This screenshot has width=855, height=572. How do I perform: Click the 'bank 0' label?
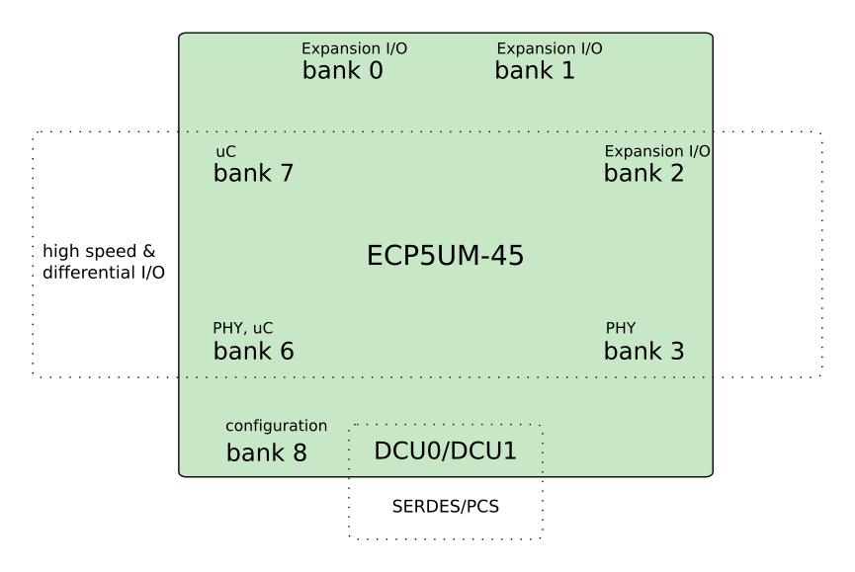342,70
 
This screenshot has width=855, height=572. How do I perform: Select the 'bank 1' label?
535,70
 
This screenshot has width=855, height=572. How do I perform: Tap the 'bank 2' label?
644,173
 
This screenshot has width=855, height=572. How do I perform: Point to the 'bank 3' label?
644,351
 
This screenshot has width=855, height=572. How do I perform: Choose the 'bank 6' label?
254,351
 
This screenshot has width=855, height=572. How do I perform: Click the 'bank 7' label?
254,173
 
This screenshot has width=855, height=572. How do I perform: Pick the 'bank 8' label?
267,452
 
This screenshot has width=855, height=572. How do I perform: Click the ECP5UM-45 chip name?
445,256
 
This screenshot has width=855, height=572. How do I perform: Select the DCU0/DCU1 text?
445,450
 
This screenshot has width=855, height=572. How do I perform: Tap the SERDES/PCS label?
446,507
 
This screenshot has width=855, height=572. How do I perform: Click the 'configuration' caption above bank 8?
277,426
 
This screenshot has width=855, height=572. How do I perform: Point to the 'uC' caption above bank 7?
225,151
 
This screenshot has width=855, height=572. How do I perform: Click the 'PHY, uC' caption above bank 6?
242,328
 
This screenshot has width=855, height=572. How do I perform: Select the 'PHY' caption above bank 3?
621,328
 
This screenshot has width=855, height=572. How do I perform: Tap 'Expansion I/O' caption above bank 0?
355,48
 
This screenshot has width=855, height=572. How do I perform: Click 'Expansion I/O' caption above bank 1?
550,48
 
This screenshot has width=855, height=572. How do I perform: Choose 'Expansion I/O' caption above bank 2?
657,151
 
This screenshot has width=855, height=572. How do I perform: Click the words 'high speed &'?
99,251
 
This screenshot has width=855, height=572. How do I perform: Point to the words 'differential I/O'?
104,272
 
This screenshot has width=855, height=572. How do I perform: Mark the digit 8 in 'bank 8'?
299,453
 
